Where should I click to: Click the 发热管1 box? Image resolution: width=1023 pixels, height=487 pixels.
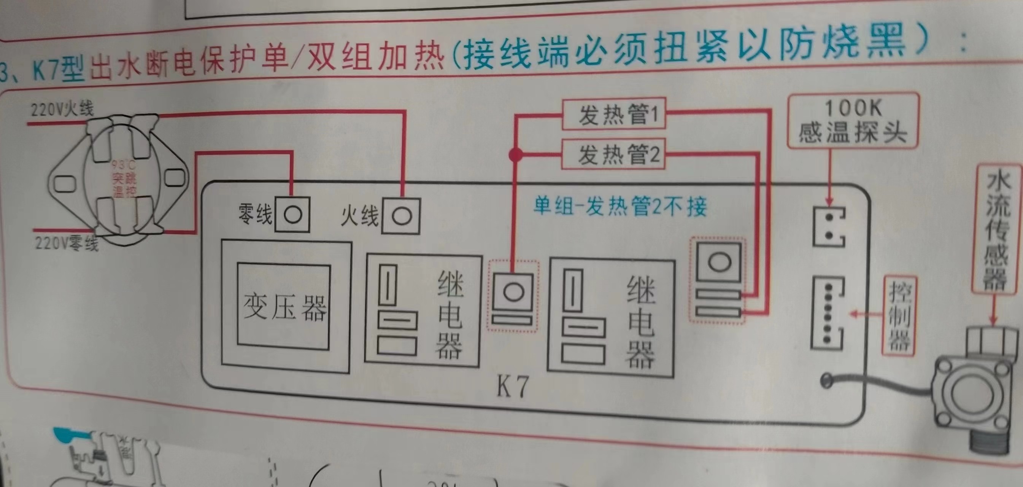[x=614, y=115]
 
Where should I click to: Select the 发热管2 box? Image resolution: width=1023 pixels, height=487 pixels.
[x=613, y=154]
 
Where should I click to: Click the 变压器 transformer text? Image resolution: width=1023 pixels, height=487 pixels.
[x=284, y=307]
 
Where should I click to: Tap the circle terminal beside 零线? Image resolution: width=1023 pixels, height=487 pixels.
[x=293, y=215]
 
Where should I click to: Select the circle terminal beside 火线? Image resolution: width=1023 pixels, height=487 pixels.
[x=402, y=216]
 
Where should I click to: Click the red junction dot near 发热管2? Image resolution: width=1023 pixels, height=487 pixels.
[x=516, y=154]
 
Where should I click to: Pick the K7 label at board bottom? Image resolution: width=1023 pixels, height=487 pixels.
[x=512, y=387]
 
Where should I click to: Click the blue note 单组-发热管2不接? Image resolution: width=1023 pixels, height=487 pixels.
[x=620, y=206]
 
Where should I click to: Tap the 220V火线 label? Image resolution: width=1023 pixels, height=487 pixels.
[x=62, y=109]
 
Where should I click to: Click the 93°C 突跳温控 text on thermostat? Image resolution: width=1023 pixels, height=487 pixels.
[x=124, y=178]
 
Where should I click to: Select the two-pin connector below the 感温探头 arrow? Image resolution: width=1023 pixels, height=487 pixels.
[x=829, y=227]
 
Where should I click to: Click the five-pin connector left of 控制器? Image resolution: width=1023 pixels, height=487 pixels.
[x=828, y=314]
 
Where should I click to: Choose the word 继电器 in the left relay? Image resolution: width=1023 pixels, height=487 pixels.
[x=450, y=314]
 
